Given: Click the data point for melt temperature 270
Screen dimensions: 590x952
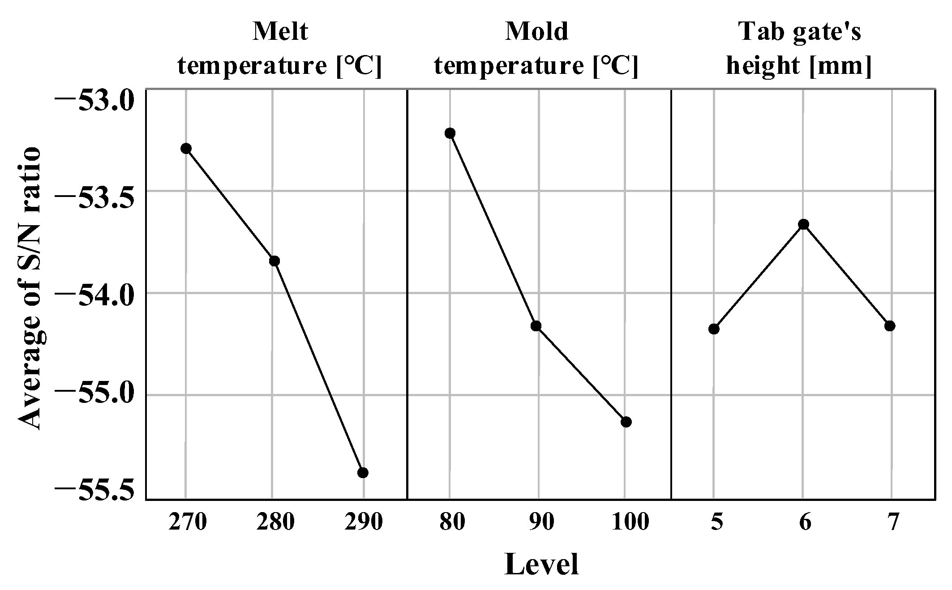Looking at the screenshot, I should coord(186,148).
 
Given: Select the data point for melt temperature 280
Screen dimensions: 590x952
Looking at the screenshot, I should coord(274,261).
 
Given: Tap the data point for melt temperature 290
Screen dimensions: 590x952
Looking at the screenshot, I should coord(363,473).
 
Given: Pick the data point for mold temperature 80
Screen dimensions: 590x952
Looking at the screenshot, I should coord(450,133).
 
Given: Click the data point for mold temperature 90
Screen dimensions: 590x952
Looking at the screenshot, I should coord(536,325).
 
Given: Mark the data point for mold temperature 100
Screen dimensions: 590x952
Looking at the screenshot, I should coord(626,422).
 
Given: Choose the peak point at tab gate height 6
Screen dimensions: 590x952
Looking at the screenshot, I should coord(803,224).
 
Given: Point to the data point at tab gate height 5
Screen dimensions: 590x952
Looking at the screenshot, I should coord(714,329).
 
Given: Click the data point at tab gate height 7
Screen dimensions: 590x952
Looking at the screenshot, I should coord(890,325).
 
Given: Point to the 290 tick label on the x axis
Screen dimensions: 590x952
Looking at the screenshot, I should coord(363,522).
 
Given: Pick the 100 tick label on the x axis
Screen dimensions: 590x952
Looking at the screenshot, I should coord(630,522).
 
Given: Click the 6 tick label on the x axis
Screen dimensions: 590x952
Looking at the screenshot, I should coord(805,522).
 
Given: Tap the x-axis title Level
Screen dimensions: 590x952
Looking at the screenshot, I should coord(541,564).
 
